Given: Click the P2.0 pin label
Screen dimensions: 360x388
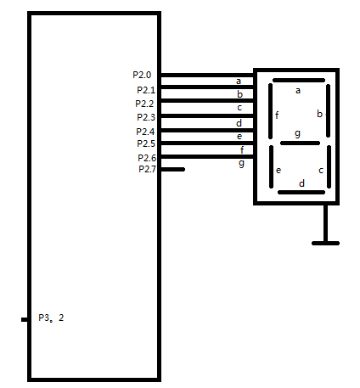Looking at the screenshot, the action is [x=142, y=75].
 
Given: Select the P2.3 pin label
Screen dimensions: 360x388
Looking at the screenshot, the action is [x=146, y=117].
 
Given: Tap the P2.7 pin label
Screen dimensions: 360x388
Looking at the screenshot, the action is [x=147, y=169].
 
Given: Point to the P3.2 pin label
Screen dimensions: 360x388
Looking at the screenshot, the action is [x=51, y=318].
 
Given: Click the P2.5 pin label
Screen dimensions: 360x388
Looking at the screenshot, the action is [x=146, y=143].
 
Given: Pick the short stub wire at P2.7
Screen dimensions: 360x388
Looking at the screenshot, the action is [x=172, y=169].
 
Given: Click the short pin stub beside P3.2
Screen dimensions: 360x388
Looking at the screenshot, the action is [x=25, y=319].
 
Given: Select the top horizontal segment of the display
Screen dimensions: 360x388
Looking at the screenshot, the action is [x=299, y=81].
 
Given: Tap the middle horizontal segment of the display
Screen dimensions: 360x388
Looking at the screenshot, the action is [x=300, y=143].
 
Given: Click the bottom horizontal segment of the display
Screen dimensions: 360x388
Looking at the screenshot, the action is [x=301, y=193].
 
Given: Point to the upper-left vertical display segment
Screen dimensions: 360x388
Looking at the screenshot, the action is [x=270, y=111].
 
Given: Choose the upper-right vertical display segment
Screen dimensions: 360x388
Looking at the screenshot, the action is [x=329, y=110].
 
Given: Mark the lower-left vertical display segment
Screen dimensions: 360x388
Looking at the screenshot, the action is [x=272, y=166].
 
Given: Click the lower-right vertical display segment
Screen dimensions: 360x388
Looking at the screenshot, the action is [x=329, y=166].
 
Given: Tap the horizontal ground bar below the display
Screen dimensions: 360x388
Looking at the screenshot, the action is [x=325, y=243].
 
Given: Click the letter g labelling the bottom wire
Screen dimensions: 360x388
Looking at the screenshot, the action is [x=241, y=163].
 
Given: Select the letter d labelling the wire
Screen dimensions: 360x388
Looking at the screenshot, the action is [x=239, y=123].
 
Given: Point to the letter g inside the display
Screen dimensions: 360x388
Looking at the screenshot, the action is [x=297, y=133].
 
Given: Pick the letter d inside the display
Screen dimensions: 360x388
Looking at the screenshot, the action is [x=302, y=183].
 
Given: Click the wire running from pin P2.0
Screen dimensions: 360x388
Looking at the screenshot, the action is [x=207, y=75].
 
